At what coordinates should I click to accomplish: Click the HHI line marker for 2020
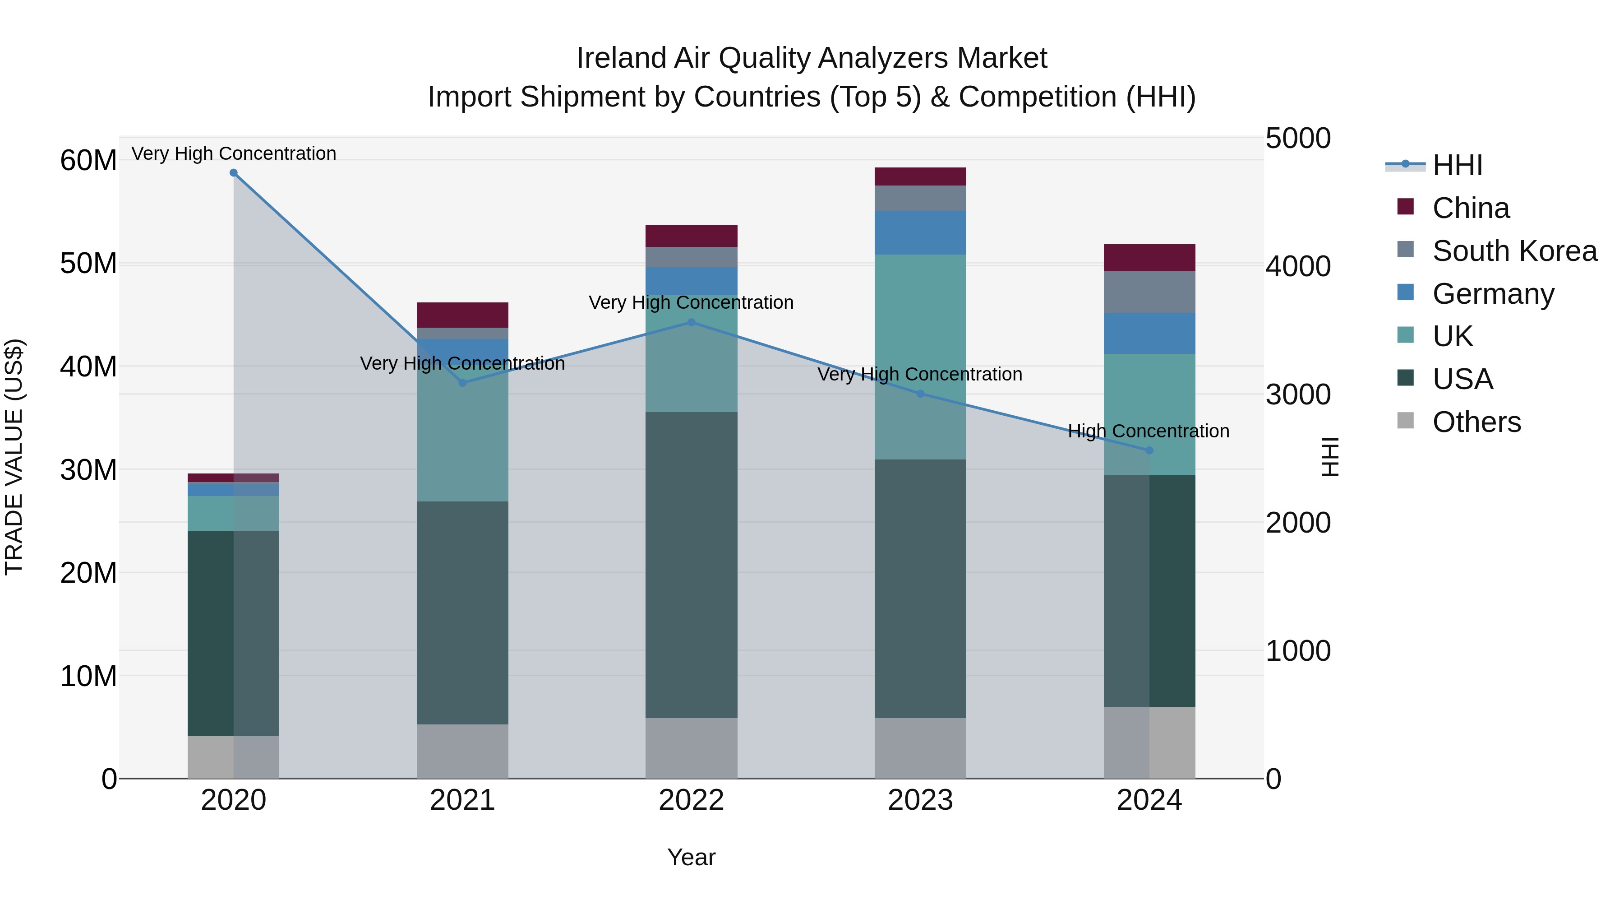coord(233,173)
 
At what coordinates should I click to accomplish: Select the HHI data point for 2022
coord(691,322)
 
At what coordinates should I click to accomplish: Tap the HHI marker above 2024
coord(1149,450)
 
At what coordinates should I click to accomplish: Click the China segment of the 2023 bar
coord(920,176)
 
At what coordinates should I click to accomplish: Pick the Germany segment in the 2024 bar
coord(1149,333)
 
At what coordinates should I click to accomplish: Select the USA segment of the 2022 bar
coord(691,565)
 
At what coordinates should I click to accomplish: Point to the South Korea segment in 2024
coord(1149,292)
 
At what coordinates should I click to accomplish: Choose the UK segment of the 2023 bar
coord(920,357)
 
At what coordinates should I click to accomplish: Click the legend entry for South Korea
coord(1514,251)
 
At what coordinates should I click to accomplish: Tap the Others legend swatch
coord(1405,421)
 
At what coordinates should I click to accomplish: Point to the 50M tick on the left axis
coord(88,264)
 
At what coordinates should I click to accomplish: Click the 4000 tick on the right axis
coord(1297,266)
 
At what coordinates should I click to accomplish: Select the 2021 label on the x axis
coord(462,800)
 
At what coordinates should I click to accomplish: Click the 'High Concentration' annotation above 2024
coord(1148,431)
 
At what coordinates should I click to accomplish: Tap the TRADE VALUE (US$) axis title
coord(14,457)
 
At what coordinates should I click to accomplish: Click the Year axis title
coord(691,857)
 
